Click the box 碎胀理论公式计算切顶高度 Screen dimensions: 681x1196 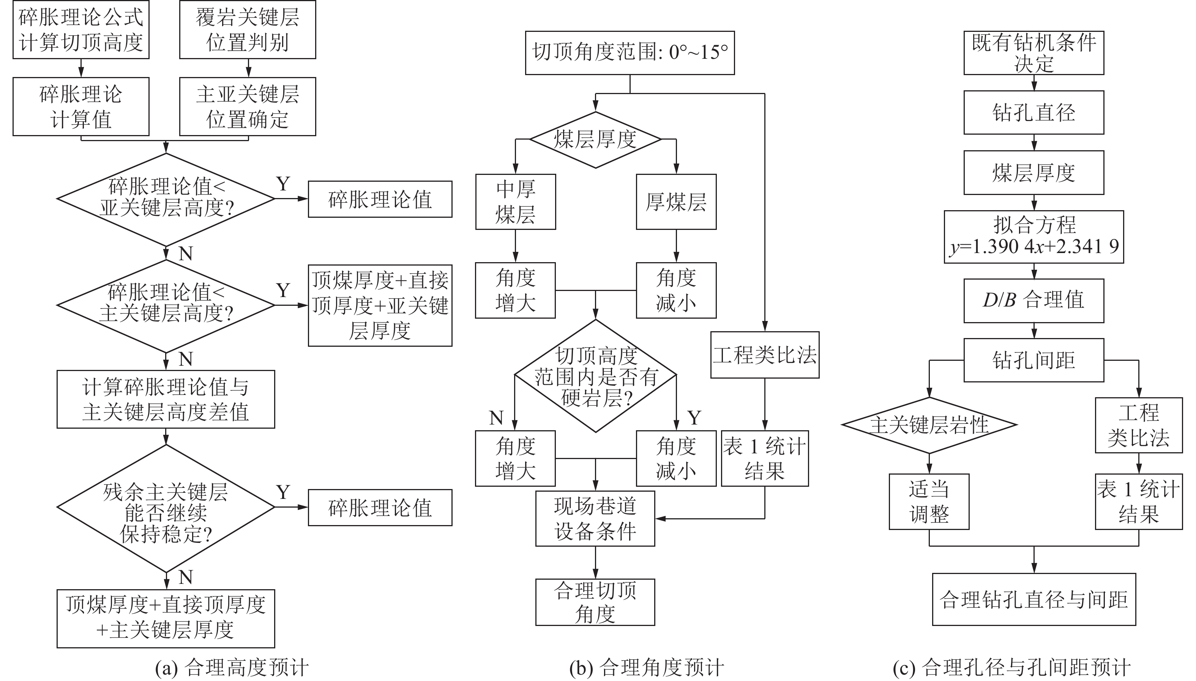pos(80,30)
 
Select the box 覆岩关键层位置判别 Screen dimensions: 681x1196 pos(247,30)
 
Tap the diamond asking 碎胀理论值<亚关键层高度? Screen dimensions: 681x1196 pos(166,198)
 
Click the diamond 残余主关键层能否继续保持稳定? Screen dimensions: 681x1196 pos(166,508)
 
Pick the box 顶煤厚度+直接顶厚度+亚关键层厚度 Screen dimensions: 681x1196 pos(380,305)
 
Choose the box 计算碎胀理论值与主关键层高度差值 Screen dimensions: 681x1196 pos(166,399)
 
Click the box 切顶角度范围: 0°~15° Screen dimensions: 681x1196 pos(630,52)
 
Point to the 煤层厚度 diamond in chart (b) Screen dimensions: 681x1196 pos(595,139)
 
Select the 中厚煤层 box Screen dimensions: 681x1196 pos(515,201)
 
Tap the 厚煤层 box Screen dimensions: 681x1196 pos(676,201)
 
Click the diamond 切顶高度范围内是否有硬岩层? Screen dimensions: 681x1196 pos(595,376)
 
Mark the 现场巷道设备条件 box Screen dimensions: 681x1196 pos(595,518)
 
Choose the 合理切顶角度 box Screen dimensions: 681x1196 pos(595,602)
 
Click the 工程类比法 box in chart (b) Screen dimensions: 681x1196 pos(764,355)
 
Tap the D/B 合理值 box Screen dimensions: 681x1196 pos(1033,300)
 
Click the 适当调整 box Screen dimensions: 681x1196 pos(929,502)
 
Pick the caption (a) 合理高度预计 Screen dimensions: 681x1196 pos(232,668)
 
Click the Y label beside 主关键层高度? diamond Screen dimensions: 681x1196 pos(283,291)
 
